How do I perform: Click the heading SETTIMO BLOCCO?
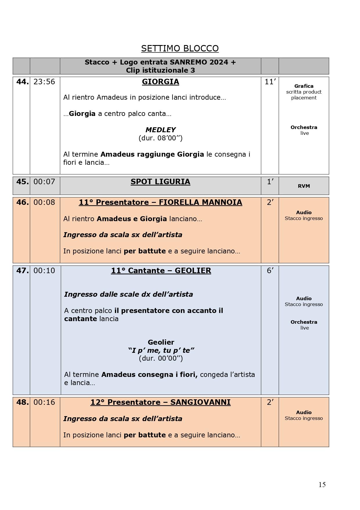point(180,48)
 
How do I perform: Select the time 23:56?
point(44,82)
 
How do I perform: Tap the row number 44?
point(22,82)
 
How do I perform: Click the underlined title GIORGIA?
point(160,82)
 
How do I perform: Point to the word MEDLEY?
point(161,130)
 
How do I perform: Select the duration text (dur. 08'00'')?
point(161,138)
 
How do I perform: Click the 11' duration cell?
point(270,82)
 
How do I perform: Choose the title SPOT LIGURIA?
point(160,182)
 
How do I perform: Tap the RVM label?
point(304,186)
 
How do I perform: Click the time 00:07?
point(44,182)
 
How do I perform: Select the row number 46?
point(22,202)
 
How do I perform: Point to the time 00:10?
point(44,271)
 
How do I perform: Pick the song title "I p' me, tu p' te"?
point(161,350)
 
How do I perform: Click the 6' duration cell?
point(270,271)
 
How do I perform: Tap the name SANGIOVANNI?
point(200,402)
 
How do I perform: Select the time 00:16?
point(44,402)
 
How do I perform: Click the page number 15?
point(322,484)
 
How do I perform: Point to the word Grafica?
point(304,86)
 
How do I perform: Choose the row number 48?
point(22,402)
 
